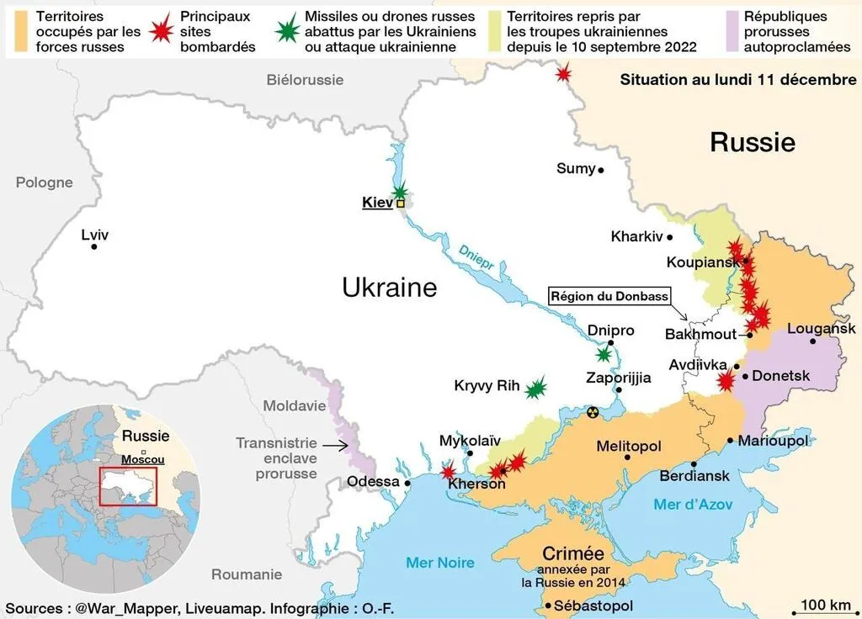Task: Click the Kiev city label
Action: (x=377, y=203)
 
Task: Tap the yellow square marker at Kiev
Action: (x=401, y=203)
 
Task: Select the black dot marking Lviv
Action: (x=94, y=246)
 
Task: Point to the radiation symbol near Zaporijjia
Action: (x=593, y=412)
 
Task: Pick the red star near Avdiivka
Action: (x=725, y=381)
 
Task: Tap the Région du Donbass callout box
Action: (x=609, y=296)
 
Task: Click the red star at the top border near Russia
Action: (x=563, y=74)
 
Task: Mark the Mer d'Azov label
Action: (x=693, y=505)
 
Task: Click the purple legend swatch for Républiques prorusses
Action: (x=731, y=31)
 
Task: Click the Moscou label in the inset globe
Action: (x=143, y=460)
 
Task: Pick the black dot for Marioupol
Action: (x=730, y=440)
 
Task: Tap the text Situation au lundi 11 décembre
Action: (x=738, y=80)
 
